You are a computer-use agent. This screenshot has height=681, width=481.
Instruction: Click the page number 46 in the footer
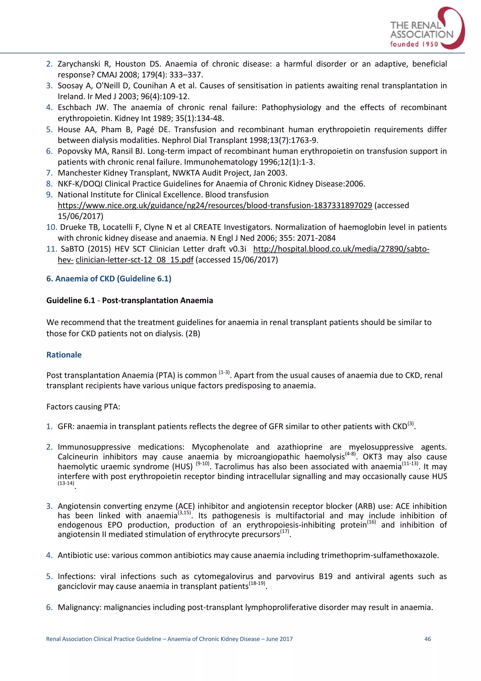pos(428,639)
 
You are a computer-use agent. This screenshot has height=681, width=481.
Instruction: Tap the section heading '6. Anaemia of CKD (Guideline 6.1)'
pos(109,278)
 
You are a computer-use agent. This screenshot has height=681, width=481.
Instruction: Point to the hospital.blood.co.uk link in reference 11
pos(341,249)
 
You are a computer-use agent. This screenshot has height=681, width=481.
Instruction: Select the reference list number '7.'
pos(50,173)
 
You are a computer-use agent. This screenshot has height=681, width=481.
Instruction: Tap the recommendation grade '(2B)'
pos(193,333)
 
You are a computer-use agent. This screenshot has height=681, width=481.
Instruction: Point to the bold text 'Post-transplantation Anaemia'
pos(157,301)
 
